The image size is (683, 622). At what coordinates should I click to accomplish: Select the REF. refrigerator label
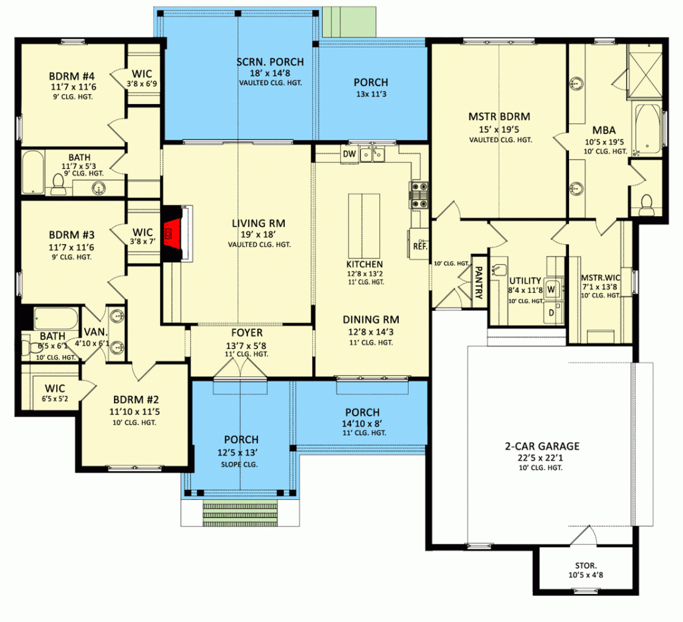420,246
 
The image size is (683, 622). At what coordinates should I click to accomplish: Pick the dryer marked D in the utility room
552,312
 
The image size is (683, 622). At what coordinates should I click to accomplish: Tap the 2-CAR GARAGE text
541,446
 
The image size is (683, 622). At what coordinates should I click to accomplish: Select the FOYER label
247,332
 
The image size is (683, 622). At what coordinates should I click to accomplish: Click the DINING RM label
370,320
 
